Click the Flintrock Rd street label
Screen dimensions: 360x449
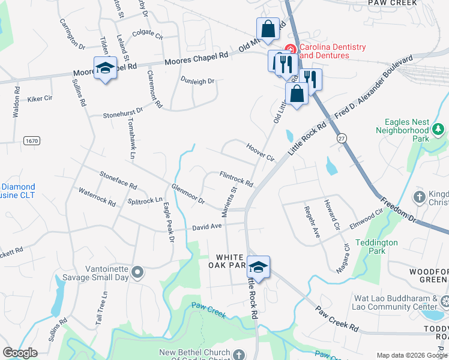pos(236,178)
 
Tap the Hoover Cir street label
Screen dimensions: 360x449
pos(260,152)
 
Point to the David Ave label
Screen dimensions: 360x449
pos(208,227)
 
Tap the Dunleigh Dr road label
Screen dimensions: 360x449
pos(197,81)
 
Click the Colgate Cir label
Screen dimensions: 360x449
pos(148,34)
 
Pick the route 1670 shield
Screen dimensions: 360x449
pos(32,140)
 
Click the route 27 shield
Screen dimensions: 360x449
pos(342,139)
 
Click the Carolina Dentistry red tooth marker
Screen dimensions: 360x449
pos(291,48)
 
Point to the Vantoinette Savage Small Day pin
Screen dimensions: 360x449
pos(137,273)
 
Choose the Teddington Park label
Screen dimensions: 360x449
pos(376,247)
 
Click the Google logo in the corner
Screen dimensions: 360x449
pos(20,353)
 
